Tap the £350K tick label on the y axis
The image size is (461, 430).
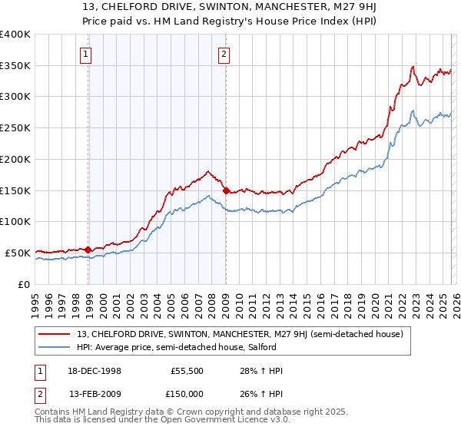pyautogui.click(x=15, y=66)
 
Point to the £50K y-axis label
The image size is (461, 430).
pyautogui.click(x=18, y=253)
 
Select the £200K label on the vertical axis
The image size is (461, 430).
pyautogui.click(x=15, y=159)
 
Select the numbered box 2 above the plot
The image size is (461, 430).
pyautogui.click(x=223, y=54)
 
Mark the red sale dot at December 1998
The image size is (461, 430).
pyautogui.click(x=88, y=250)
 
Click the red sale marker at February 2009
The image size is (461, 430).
pyautogui.click(x=226, y=190)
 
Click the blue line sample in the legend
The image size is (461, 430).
pyautogui.click(x=55, y=346)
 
